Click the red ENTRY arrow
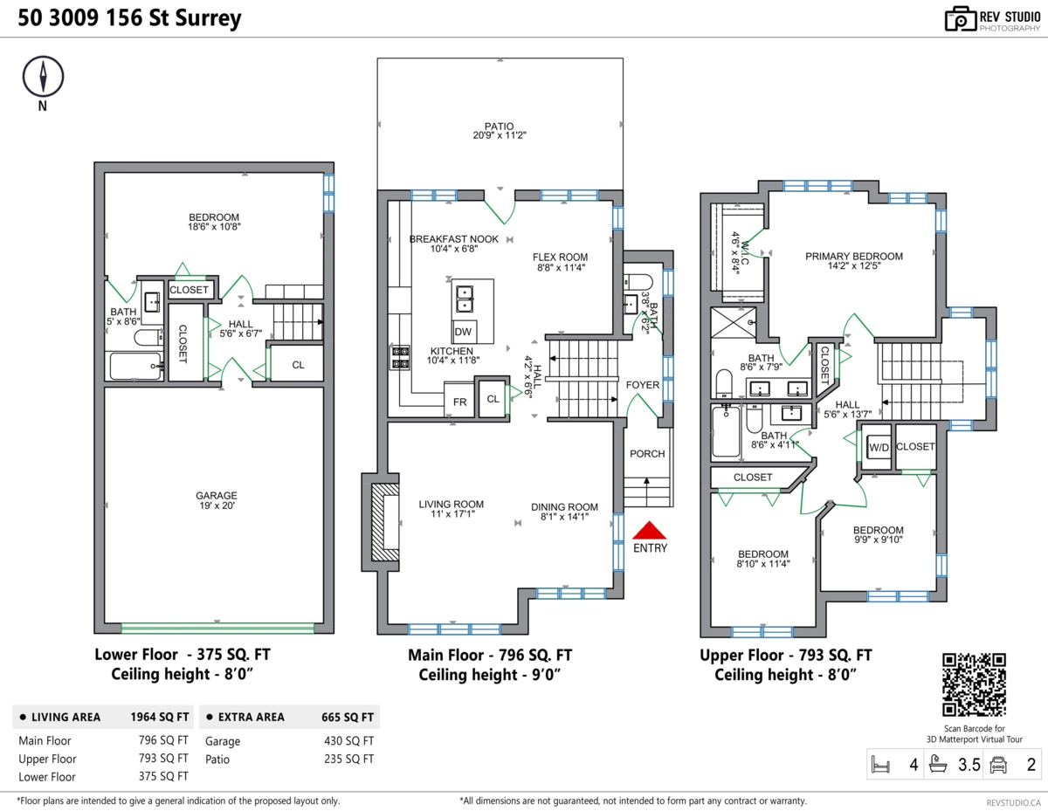coord(649,530)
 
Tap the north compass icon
coord(42,78)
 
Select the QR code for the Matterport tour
coord(974,684)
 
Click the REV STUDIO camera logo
coord(960,19)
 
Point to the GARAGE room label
coord(216,496)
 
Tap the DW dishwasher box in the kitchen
coord(465,332)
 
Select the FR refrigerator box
coord(459,402)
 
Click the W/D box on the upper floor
coord(878,447)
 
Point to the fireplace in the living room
coord(383,522)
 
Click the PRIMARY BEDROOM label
coord(853,256)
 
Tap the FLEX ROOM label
coord(560,257)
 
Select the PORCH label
coord(647,454)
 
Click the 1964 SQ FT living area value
coord(160,718)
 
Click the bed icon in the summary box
coord(880,766)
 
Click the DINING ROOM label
coord(564,507)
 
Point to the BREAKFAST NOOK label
coord(453,239)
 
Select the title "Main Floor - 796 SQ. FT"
coord(490,656)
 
